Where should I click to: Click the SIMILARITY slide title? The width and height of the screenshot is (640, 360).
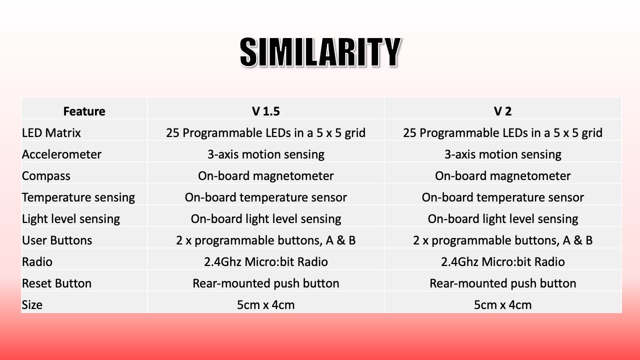320,52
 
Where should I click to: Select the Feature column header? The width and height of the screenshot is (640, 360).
84,111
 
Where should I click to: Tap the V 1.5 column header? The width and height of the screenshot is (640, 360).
265,111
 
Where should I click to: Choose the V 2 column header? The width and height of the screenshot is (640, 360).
502,111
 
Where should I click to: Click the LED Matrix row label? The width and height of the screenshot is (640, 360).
51,133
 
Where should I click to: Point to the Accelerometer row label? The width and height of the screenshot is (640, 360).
61,154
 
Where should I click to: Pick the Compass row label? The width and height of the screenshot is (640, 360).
46,176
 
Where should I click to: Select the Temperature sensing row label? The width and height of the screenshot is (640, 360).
78,197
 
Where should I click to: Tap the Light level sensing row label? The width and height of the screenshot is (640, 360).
71,219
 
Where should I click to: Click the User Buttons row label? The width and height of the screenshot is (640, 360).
57,240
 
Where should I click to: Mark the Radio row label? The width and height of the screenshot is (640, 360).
37,262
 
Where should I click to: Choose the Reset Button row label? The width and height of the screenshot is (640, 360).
57,283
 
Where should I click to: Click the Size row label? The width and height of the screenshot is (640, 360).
32,305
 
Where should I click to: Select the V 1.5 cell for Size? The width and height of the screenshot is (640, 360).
265,305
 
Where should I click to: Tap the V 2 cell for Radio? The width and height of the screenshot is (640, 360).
503,262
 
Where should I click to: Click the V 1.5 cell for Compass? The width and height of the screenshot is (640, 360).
265,176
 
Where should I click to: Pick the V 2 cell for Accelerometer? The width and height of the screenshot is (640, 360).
503,154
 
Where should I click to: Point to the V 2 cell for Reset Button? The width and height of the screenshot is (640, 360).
503,283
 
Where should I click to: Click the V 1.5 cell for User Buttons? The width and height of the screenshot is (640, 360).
265,240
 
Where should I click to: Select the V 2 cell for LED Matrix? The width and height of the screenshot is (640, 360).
503,133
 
